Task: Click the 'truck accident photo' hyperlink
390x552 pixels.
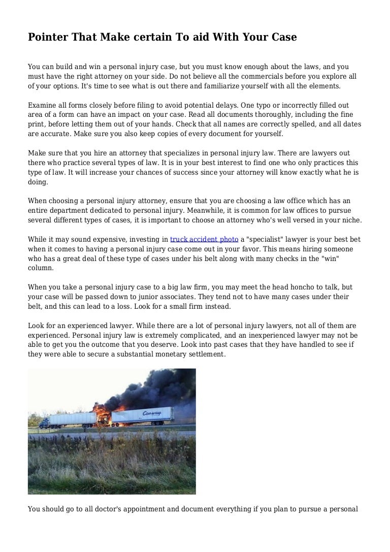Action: [204, 239]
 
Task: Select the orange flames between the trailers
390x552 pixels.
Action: [102, 414]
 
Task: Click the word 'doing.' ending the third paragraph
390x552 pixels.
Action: [38, 182]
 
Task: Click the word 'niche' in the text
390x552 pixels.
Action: [350, 220]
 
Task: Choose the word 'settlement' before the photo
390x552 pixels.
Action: [202, 354]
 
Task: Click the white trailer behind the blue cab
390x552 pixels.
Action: [74, 418]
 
